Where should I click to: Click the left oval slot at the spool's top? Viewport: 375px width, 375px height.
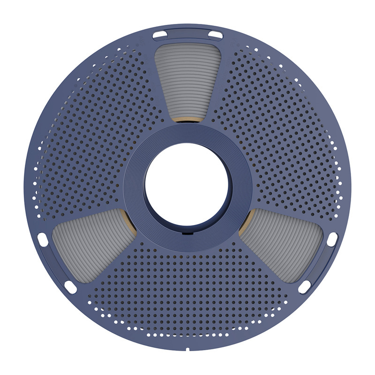[159, 34]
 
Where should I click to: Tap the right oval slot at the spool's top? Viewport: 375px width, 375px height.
[215, 34]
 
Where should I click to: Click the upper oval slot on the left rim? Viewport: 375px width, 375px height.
[42, 238]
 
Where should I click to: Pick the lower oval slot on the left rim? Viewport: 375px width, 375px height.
[70, 286]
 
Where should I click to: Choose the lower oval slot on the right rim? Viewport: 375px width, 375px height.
[304, 286]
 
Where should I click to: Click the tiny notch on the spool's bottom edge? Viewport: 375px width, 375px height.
[187, 349]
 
